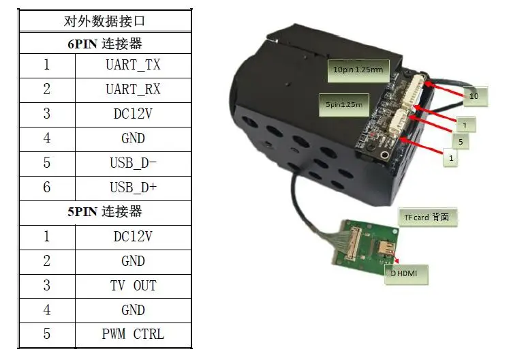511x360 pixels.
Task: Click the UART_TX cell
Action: click(133, 65)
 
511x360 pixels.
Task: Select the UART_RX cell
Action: click(133, 89)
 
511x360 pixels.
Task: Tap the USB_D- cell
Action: click(133, 162)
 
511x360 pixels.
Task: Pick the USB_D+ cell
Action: click(133, 187)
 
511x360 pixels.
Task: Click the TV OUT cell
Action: click(133, 285)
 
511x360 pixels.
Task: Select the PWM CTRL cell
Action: click(133, 334)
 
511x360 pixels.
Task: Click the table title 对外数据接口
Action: click(104, 20)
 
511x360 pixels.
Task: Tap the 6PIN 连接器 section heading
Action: click(104, 44)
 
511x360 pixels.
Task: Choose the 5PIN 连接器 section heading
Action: click(104, 211)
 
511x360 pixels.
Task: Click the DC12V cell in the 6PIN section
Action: click(133, 114)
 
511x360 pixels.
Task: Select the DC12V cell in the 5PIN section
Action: click(133, 236)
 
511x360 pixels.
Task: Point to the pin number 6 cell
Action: click(46, 187)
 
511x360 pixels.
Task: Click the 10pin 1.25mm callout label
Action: click(357, 70)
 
